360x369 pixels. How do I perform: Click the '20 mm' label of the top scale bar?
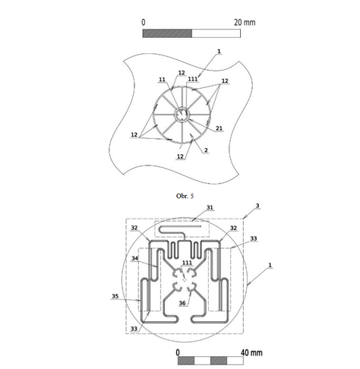click(x=244, y=22)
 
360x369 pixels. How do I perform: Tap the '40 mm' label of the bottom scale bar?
click(x=251, y=352)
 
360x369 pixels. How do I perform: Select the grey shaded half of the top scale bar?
click(x=167, y=34)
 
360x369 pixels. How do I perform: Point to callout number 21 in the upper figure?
click(x=219, y=129)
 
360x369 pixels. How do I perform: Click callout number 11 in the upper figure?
click(x=162, y=79)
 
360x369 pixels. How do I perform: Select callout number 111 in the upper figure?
click(x=193, y=79)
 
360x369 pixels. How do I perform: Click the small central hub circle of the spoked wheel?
click(x=182, y=115)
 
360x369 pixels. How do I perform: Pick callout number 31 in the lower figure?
click(x=189, y=207)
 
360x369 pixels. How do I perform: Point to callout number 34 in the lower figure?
click(x=134, y=258)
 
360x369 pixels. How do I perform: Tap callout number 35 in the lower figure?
click(x=115, y=297)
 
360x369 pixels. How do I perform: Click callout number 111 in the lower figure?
click(x=187, y=263)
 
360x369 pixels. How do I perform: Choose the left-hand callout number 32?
click(x=134, y=227)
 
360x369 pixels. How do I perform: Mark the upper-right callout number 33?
click(x=253, y=238)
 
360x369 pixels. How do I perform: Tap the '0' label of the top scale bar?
click(x=144, y=22)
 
